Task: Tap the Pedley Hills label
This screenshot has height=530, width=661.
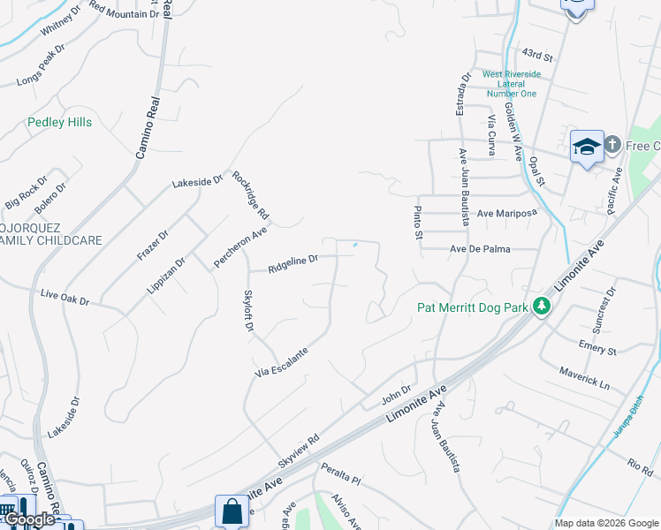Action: click(x=59, y=123)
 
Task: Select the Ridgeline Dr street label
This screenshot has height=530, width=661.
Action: click(x=293, y=261)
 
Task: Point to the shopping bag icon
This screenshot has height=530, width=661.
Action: click(x=232, y=510)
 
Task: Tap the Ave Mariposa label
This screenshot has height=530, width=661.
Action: click(x=507, y=214)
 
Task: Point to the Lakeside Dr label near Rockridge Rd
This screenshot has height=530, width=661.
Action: click(x=197, y=182)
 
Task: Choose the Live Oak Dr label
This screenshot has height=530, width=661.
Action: click(x=65, y=297)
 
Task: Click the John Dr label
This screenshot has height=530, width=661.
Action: click(x=398, y=390)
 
